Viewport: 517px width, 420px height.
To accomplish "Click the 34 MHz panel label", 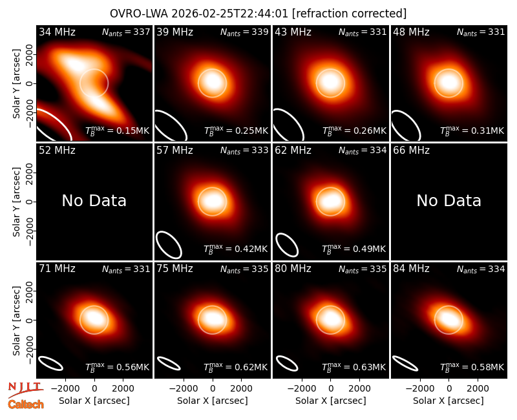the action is coord(57,32).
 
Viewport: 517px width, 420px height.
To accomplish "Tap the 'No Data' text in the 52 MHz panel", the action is coord(94,200).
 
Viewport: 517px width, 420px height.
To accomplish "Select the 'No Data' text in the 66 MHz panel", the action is coord(448,200).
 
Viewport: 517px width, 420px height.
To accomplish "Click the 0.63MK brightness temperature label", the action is coord(353,367).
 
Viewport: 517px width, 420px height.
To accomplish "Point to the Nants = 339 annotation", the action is coord(244,32).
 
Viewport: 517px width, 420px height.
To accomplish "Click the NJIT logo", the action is coord(26,390).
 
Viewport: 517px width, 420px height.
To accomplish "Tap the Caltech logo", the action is coord(26,404).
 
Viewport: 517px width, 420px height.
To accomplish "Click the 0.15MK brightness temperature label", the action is coord(118,131).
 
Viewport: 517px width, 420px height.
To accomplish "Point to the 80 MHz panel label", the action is coord(293,269).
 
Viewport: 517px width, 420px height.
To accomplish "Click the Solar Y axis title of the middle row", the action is coord(16,202).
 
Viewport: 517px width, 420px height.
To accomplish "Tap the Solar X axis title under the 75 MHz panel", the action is coord(213,401).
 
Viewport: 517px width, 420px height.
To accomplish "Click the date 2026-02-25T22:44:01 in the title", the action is coord(230,14).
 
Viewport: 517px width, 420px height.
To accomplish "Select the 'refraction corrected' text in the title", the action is coord(349,14).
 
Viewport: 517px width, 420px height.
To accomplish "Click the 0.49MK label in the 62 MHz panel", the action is coord(353,249).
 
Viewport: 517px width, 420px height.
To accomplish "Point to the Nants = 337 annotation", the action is coord(126,32).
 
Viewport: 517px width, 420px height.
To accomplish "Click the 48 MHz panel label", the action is coord(411,32).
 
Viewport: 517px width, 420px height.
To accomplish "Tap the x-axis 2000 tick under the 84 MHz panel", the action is coord(478,388).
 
